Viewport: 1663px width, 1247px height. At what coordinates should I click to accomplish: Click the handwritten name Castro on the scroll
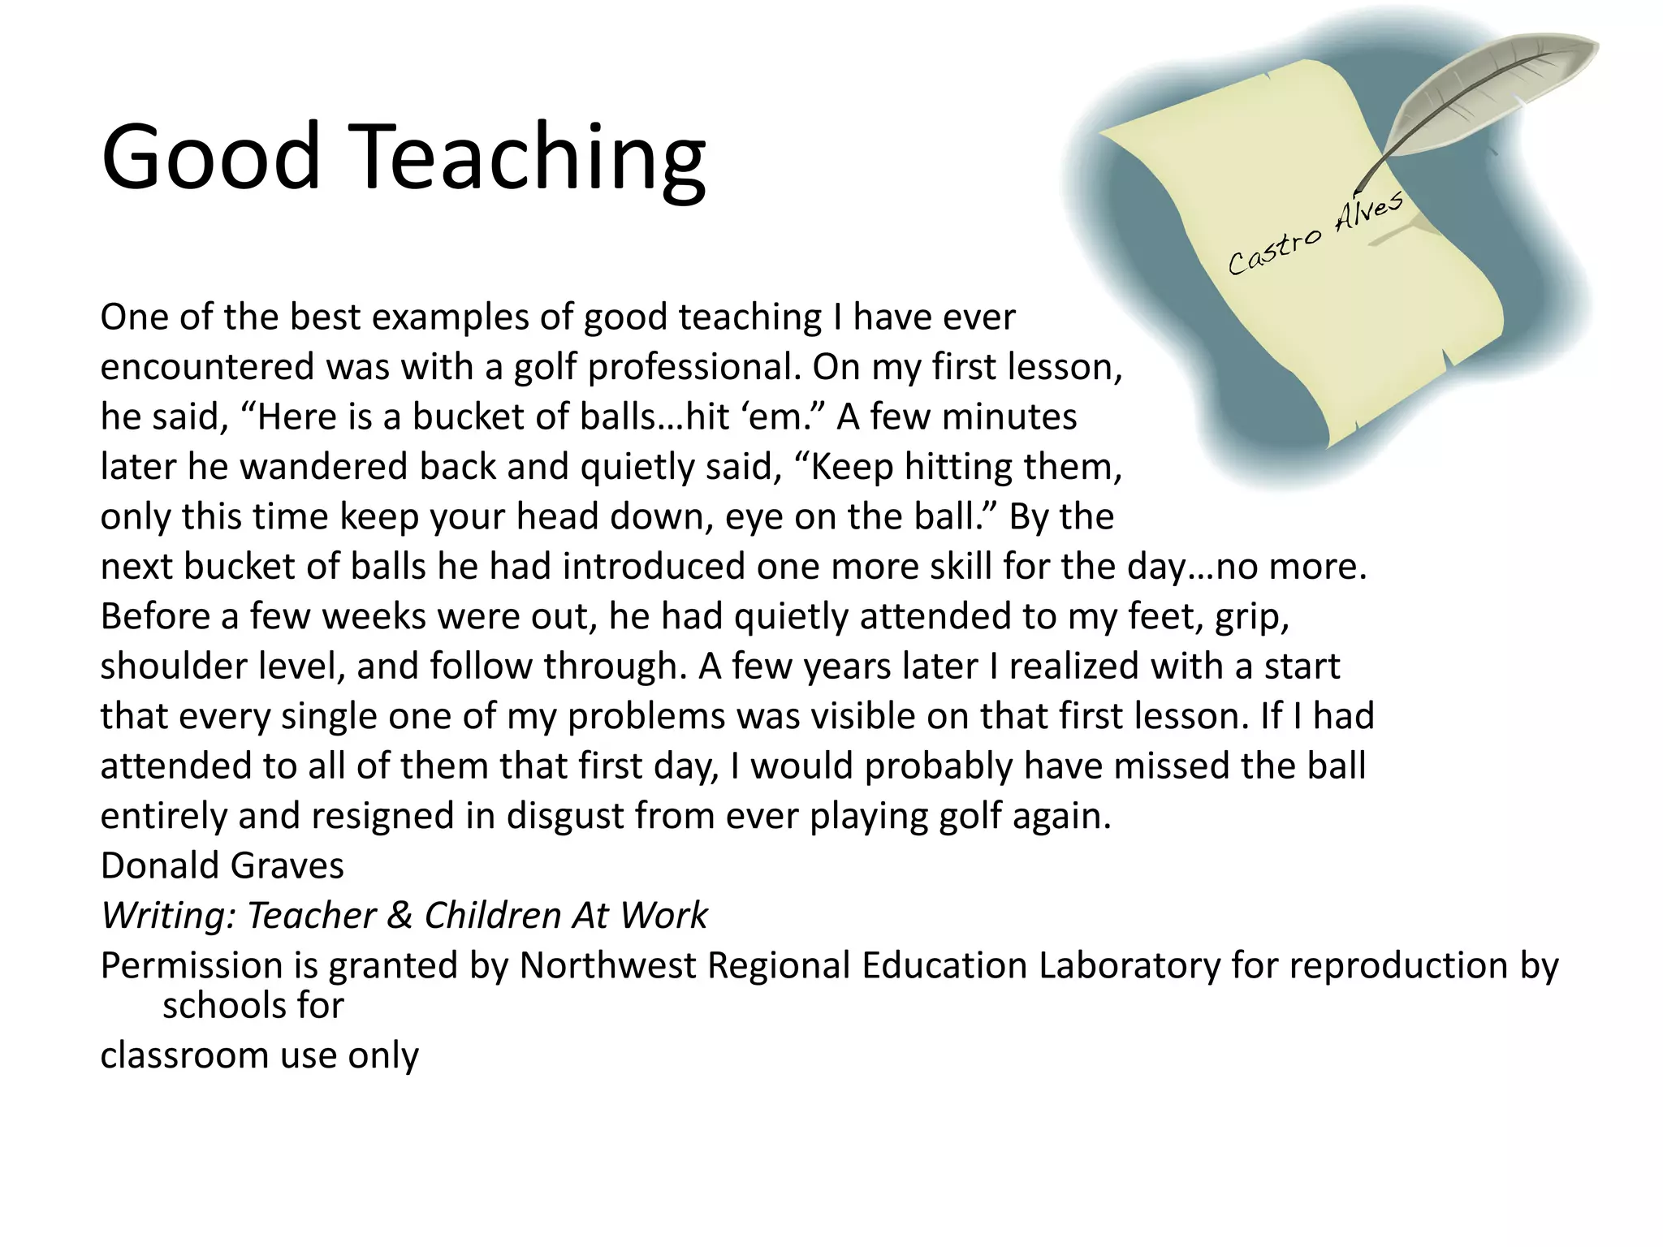point(1273,249)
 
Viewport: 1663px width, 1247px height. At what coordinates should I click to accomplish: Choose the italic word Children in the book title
point(493,916)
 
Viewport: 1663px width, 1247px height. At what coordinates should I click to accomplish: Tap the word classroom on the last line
point(184,1055)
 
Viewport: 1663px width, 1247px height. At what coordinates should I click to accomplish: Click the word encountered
point(207,367)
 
